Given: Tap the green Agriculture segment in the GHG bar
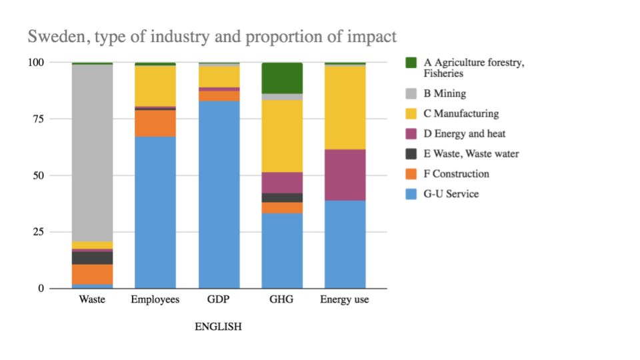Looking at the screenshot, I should tap(282, 78).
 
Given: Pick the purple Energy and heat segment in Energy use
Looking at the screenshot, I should tap(345, 175).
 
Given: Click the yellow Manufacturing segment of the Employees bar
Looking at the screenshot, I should tap(155, 85).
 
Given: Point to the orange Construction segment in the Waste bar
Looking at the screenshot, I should tap(92, 274).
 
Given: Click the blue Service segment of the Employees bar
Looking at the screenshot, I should tap(155, 213).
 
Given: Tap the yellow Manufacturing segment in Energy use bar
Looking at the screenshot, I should tap(345, 107).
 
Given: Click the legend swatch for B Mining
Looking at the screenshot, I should tap(411, 94).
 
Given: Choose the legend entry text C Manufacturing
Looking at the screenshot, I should tap(461, 114).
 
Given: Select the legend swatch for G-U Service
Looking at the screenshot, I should tap(411, 194).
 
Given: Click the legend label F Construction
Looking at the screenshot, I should tap(457, 174).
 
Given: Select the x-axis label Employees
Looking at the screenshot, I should tap(155, 300).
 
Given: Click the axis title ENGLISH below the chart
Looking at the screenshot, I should tap(218, 327).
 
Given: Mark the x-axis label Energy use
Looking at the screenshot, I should tap(345, 300).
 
